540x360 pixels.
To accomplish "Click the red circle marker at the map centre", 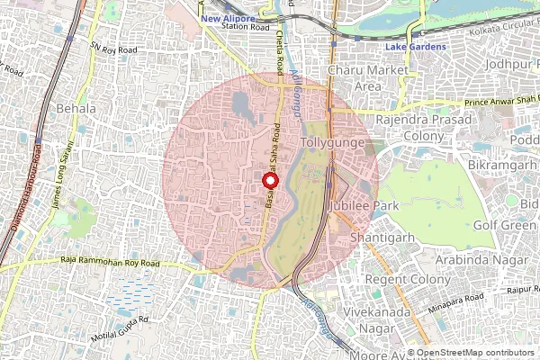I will click(270, 180).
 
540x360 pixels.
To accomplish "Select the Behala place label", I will click(76, 109).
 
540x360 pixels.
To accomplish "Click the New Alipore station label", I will click(228, 17).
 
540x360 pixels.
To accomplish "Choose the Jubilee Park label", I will click(363, 206).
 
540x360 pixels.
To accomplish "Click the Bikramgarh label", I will click(501, 168).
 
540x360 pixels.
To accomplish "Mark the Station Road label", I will click(246, 28).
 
